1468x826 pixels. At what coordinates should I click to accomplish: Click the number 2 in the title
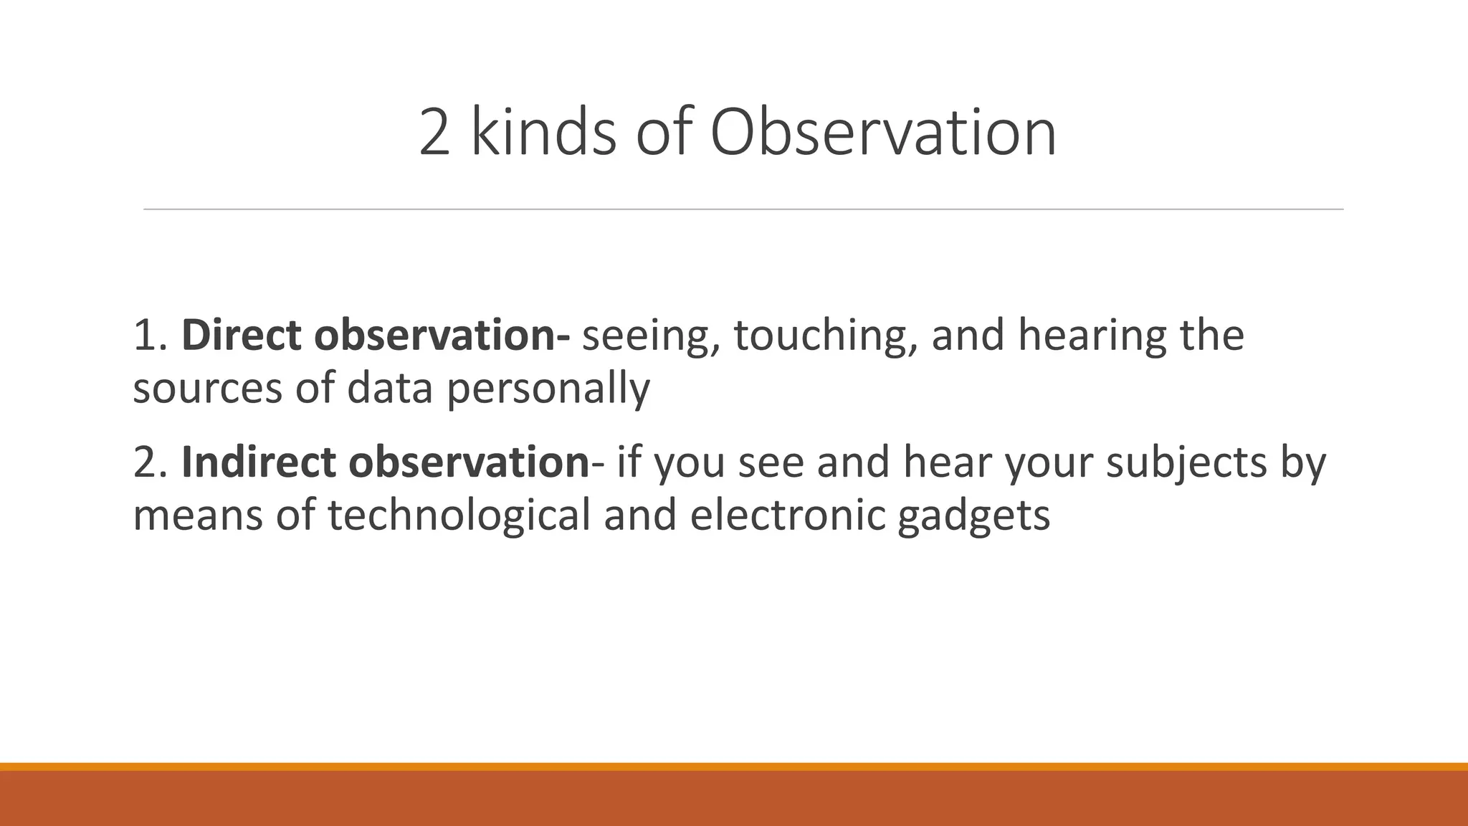click(434, 133)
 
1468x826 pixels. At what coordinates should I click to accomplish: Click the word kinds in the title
click(543, 133)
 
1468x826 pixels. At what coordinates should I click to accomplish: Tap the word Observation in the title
click(883, 133)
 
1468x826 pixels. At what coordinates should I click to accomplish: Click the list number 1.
click(149, 336)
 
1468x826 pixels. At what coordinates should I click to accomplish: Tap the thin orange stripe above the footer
click(734, 766)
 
